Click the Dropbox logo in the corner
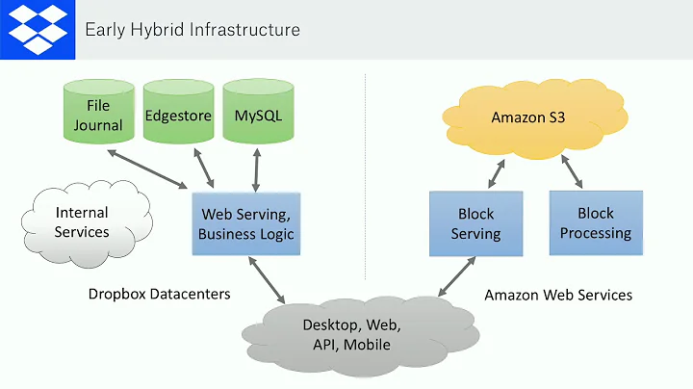coord(38,28)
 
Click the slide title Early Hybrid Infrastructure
coord(192,29)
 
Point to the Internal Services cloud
coord(83,221)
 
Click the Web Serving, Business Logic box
coord(245,223)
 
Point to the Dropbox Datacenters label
coord(159,294)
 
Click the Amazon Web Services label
coord(558,295)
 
